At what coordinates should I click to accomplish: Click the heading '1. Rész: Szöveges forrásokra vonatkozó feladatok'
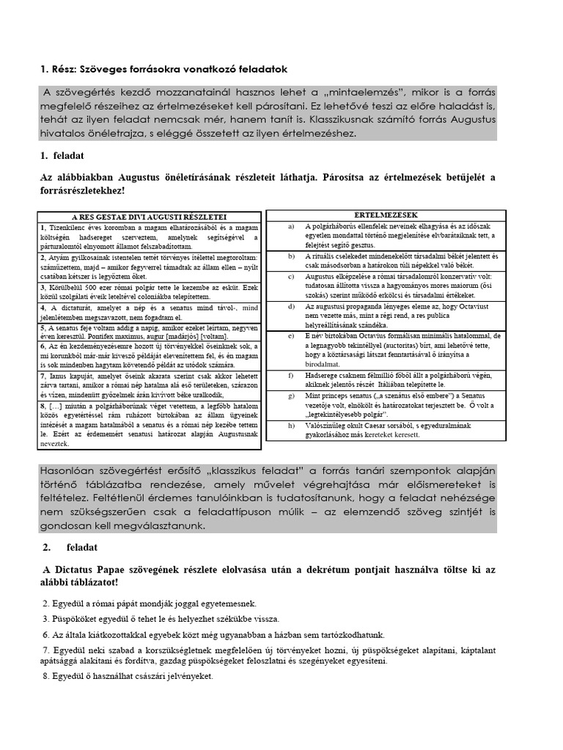pos(163,69)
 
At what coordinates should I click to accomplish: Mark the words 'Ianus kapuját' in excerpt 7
pos(70,374)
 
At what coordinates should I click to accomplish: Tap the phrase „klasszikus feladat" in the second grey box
pos(279,470)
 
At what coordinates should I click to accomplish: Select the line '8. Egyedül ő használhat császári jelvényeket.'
pos(127,676)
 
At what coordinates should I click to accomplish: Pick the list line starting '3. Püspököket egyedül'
pos(154,620)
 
